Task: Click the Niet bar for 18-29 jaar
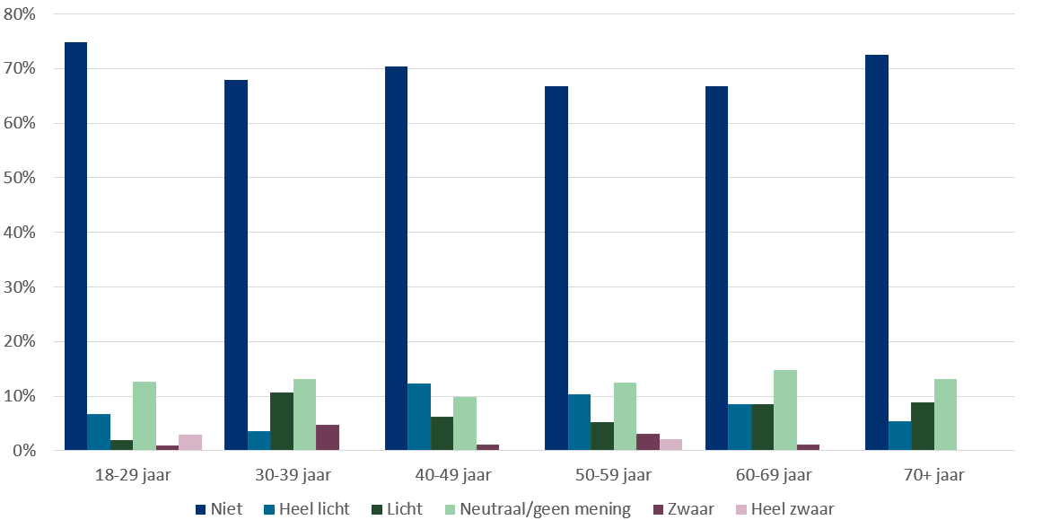click(x=75, y=246)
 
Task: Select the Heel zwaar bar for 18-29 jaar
click(x=190, y=443)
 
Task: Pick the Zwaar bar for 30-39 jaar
click(x=328, y=437)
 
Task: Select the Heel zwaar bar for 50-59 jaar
click(x=670, y=445)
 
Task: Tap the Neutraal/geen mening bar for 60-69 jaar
click(x=785, y=410)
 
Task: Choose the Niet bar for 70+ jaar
click(x=876, y=252)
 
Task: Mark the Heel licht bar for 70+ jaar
click(x=899, y=436)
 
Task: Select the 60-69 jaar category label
click(x=774, y=475)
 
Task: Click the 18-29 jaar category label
click(x=133, y=475)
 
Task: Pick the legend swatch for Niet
click(x=200, y=510)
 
